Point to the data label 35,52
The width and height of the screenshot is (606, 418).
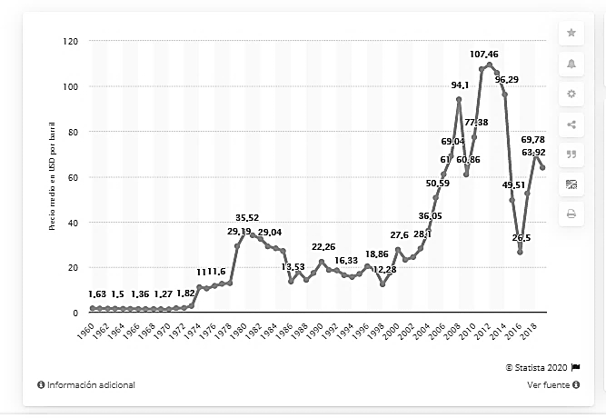click(x=248, y=218)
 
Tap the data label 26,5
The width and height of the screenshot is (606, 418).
click(x=522, y=238)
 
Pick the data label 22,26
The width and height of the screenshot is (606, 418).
click(x=323, y=247)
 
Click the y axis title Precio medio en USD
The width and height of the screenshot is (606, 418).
click(x=54, y=177)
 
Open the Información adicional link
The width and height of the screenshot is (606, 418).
click(x=86, y=384)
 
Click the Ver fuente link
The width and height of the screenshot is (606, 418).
click(x=553, y=384)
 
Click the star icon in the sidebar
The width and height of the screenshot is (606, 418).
click(x=571, y=33)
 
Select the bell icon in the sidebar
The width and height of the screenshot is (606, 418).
click(x=571, y=63)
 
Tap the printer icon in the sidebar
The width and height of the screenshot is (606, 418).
click(x=571, y=214)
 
